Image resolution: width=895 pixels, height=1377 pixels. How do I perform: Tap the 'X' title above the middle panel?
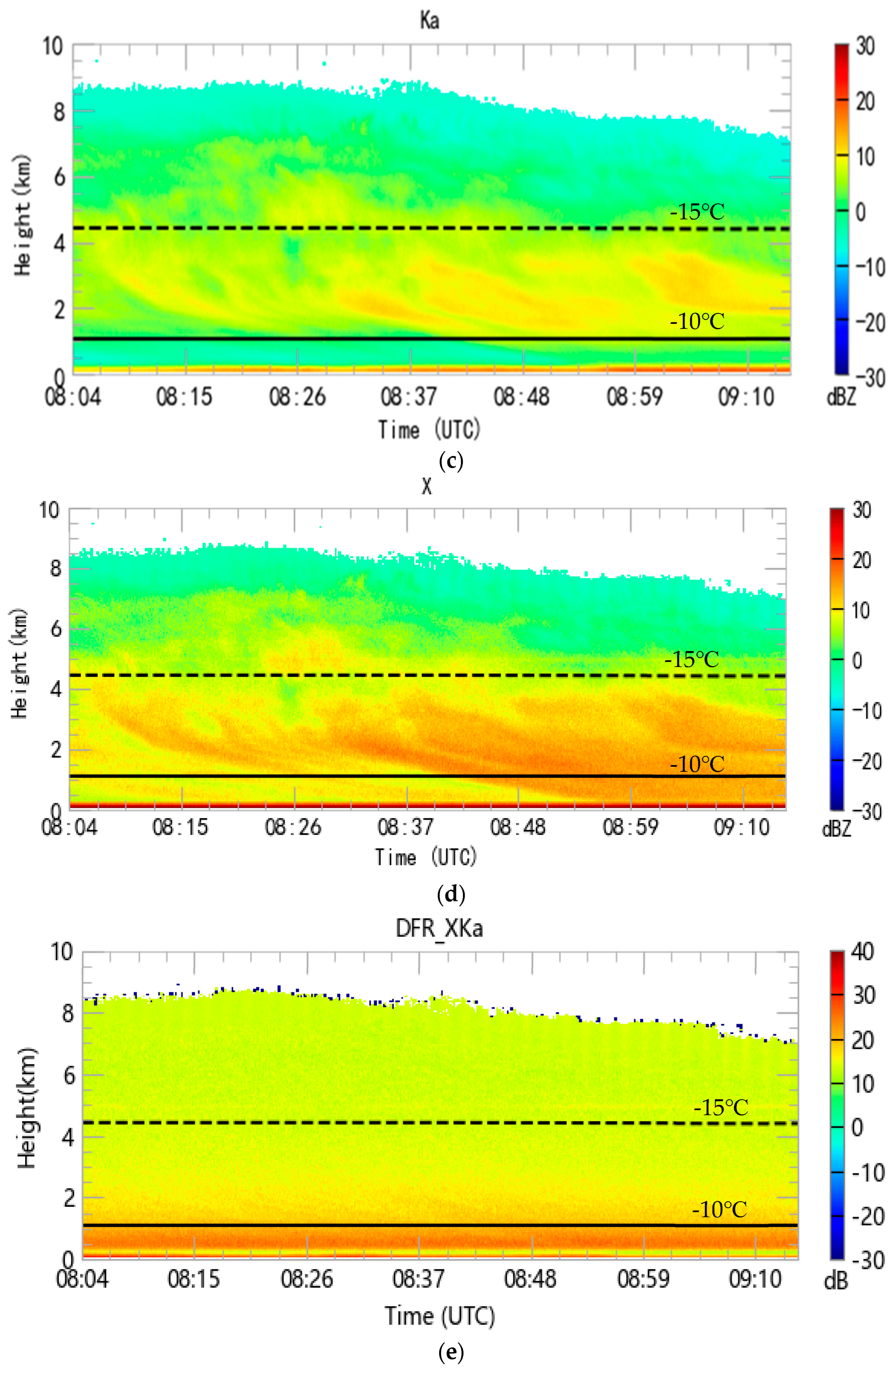427,487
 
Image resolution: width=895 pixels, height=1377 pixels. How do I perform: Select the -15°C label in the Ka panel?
697,212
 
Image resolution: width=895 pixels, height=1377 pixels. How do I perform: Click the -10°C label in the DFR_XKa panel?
719,1210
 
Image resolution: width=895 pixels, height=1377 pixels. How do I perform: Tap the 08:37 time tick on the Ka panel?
409,397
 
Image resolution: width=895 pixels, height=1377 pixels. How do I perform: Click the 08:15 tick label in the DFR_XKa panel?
194,1279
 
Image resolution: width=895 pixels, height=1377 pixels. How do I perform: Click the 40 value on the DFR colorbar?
862,952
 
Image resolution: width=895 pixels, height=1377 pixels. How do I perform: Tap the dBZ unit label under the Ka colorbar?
841,397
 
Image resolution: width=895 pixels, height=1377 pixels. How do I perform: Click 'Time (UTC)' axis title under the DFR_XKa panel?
440,1316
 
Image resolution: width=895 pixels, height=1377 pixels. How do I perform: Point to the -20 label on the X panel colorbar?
867,762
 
